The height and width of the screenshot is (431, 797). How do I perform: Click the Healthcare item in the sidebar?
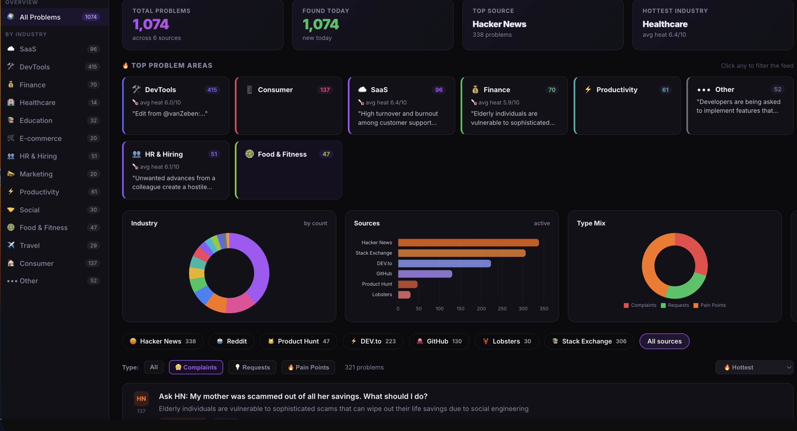[38, 103]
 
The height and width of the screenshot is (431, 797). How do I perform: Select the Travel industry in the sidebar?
[30, 245]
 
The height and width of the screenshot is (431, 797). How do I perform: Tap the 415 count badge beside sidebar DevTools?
[92, 67]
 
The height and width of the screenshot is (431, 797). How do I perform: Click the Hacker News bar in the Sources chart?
[468, 243]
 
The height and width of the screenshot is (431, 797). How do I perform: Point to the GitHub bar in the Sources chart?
[425, 274]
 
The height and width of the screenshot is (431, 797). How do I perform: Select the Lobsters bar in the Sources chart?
[404, 295]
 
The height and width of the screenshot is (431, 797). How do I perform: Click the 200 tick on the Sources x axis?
[481, 308]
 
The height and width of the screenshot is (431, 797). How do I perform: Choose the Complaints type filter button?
[196, 367]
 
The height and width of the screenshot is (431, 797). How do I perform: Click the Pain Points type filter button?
[308, 367]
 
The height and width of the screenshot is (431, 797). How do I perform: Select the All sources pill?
[664, 341]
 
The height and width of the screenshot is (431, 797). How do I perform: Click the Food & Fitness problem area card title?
[282, 154]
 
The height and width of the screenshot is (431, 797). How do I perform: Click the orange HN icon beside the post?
[141, 399]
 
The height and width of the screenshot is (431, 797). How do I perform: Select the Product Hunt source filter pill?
[298, 341]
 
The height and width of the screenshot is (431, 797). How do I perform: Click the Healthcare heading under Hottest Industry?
[665, 24]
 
